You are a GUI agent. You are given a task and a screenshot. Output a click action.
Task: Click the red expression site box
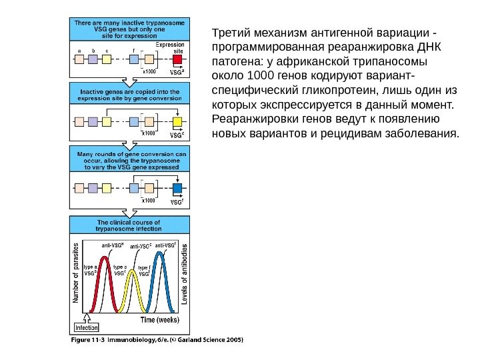tap(177, 59)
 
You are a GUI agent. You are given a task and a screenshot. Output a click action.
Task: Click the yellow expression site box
tap(177, 123)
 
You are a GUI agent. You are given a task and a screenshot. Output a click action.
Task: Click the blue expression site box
tap(177, 188)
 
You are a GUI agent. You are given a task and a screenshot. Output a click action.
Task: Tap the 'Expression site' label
tap(170, 47)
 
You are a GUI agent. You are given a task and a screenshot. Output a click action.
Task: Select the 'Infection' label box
tap(86, 327)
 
